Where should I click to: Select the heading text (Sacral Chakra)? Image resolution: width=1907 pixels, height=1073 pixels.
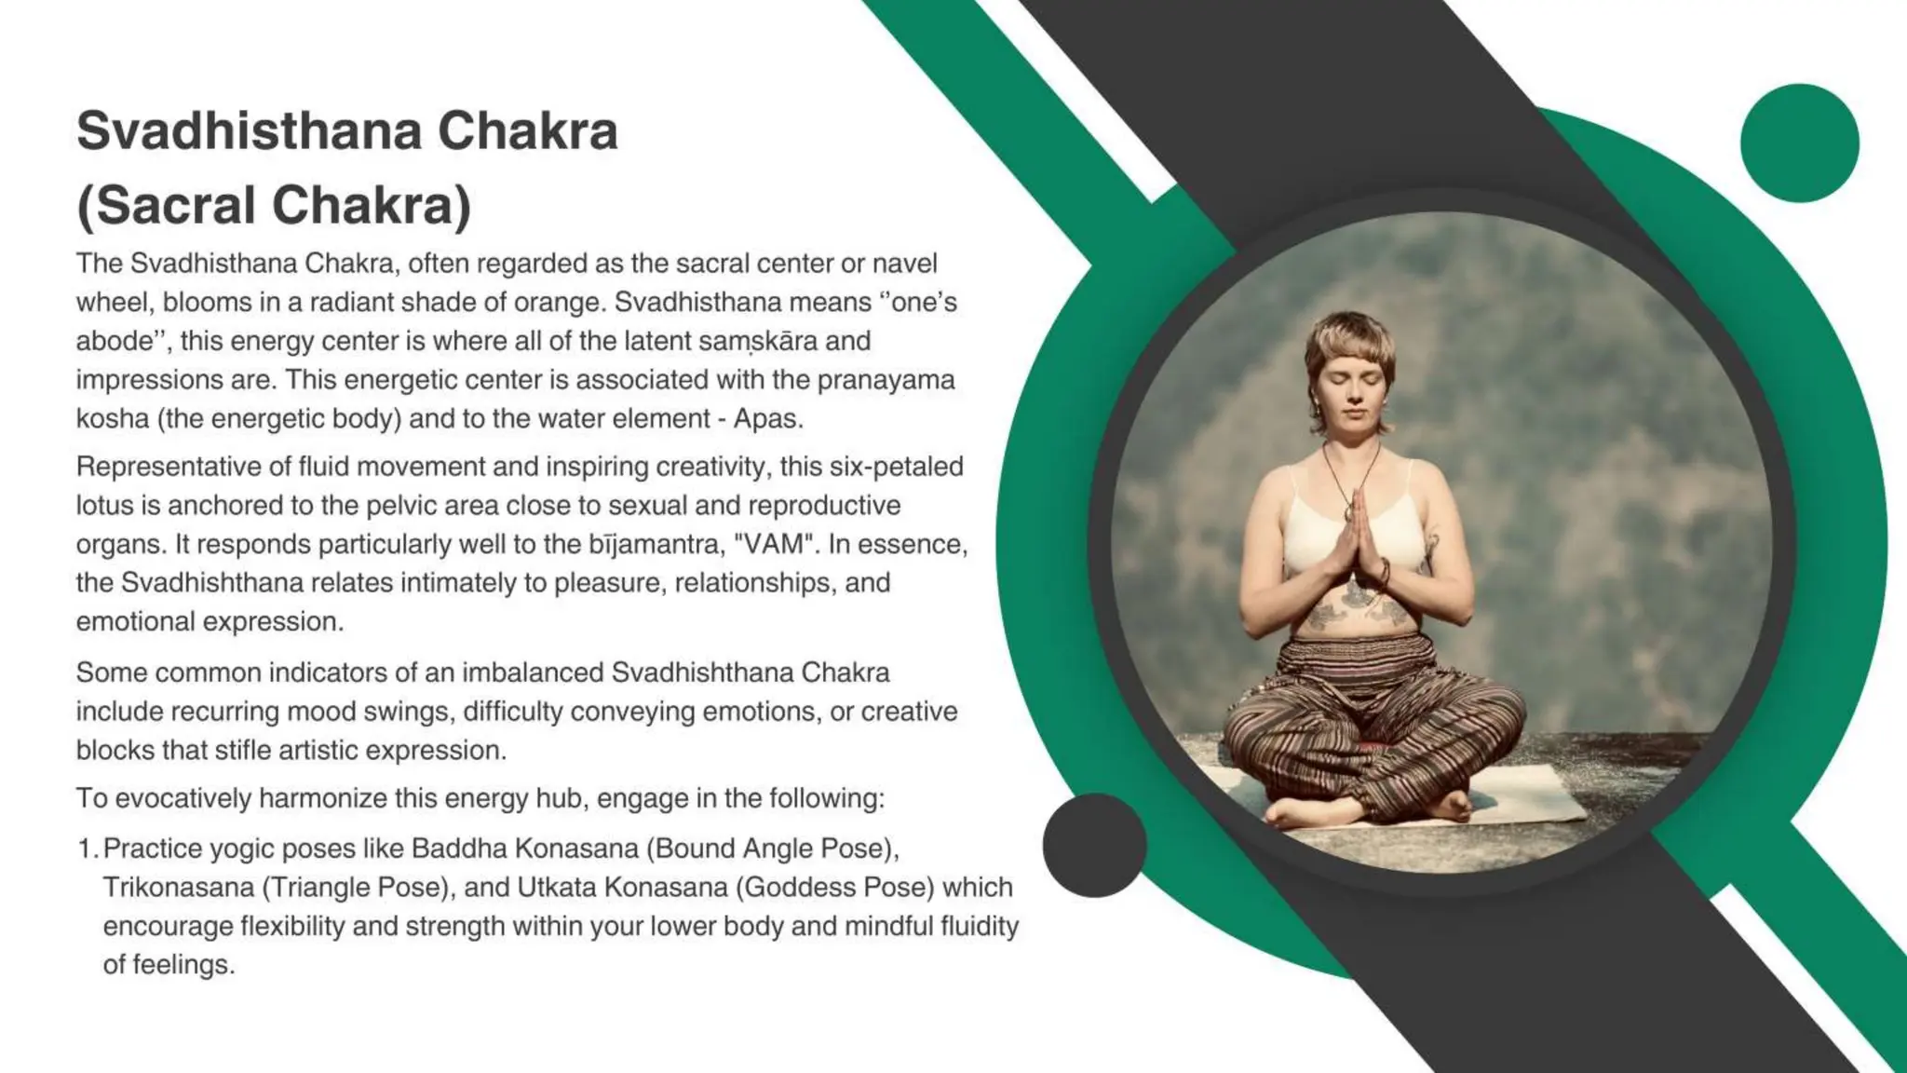[x=274, y=205]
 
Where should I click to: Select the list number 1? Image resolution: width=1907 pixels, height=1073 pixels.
[x=87, y=849]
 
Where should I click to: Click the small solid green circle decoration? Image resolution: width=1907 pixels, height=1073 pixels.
[x=1799, y=143]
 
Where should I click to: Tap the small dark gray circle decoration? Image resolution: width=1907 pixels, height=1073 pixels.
[x=1094, y=845]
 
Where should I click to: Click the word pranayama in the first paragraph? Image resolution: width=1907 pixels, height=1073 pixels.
[x=886, y=380]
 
